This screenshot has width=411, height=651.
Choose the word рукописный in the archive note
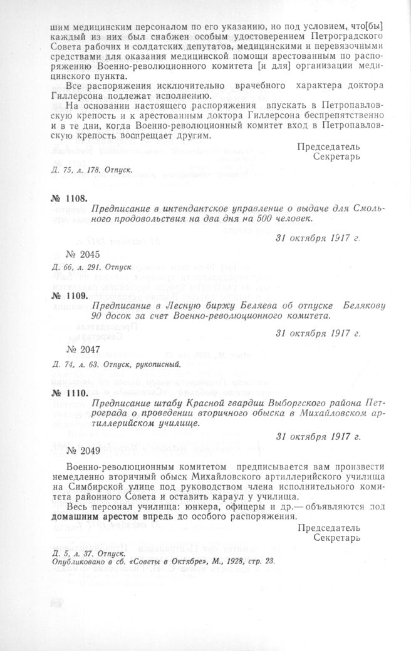coord(157,364)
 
